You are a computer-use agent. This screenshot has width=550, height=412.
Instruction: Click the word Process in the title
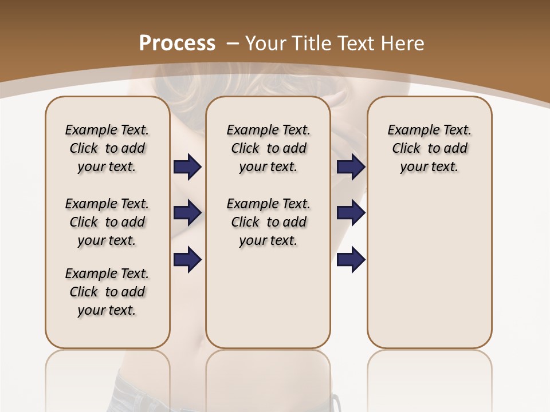(x=177, y=43)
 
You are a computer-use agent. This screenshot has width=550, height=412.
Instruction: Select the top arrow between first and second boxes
(x=188, y=167)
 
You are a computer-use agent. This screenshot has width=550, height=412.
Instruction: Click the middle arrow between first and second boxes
(x=188, y=213)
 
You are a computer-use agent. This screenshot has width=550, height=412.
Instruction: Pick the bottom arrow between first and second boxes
(x=188, y=259)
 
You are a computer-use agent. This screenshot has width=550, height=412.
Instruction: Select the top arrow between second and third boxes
(x=351, y=167)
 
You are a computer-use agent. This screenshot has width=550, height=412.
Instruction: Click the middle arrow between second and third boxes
(x=351, y=213)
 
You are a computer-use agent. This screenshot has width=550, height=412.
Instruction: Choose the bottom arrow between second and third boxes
(x=351, y=259)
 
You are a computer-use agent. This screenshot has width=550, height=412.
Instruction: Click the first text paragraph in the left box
(x=107, y=148)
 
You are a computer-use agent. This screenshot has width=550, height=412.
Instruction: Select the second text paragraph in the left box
(x=107, y=222)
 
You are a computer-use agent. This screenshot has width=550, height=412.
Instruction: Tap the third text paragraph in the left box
(x=107, y=292)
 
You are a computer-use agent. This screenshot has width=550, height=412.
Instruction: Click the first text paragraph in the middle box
(x=268, y=148)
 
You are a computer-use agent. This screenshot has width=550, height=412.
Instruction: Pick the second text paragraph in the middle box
(x=268, y=222)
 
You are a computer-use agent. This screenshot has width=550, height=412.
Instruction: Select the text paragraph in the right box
(x=429, y=148)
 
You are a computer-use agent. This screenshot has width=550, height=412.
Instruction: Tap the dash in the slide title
(x=233, y=43)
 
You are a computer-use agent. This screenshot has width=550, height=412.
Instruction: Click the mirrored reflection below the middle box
(x=268, y=378)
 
